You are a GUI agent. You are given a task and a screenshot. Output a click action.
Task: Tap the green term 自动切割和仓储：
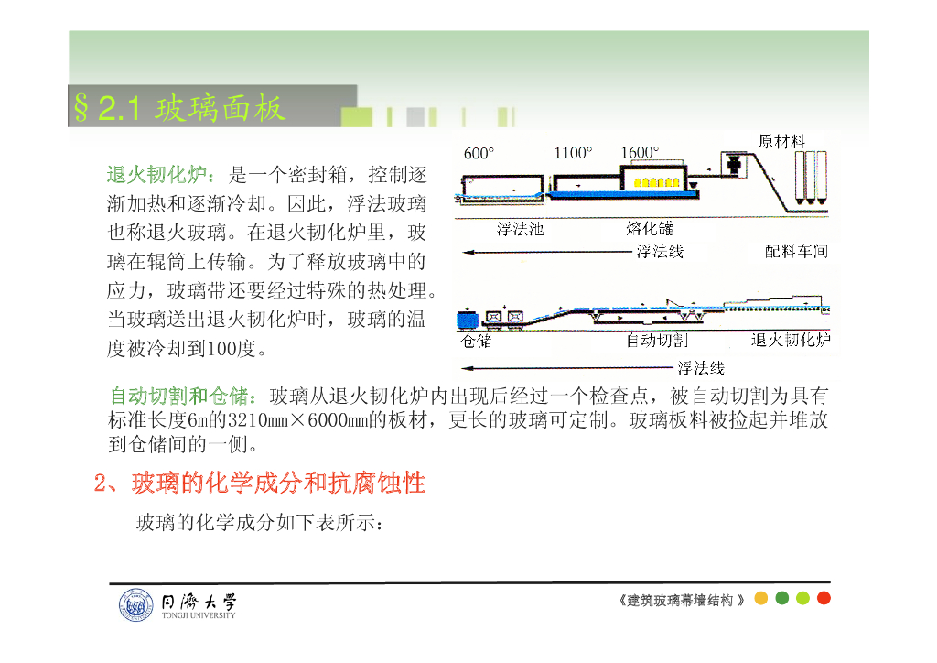coord(188,397)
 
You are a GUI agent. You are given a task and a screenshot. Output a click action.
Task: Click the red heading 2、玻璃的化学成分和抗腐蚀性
coord(260,483)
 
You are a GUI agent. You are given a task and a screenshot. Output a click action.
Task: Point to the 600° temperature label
coord(479,154)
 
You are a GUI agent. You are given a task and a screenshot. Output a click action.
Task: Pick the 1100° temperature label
coord(573,154)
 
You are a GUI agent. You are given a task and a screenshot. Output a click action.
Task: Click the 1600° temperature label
coord(640,154)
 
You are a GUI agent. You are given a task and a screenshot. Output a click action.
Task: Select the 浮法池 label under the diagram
coord(520,229)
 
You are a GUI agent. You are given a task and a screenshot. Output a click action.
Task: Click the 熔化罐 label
coord(650,229)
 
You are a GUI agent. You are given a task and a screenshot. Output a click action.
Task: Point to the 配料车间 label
coord(796,251)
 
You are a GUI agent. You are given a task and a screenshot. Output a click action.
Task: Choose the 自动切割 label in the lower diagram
coord(656,341)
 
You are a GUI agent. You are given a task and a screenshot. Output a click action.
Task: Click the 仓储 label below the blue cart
coord(476,341)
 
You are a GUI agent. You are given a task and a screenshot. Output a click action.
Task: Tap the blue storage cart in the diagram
coord(468,320)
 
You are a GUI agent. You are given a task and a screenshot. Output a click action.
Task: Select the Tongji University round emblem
coord(135,605)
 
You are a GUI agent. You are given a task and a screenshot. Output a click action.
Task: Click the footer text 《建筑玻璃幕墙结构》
coord(682,600)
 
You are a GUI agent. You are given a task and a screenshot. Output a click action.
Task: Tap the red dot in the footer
coord(824,599)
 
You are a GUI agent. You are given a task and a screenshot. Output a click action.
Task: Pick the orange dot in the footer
coord(760,599)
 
